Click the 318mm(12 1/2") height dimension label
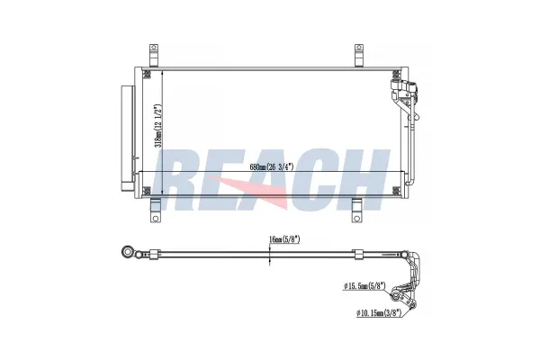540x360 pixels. click(158, 126)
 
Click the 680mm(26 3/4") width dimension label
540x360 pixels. click(272, 167)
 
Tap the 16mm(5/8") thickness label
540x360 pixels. click(284, 239)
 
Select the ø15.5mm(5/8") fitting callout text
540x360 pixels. click(364, 285)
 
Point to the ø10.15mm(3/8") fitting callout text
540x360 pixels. click(379, 313)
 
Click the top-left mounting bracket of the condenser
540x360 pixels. click(154, 55)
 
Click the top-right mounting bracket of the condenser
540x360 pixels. click(359, 55)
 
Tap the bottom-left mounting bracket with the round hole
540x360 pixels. click(156, 210)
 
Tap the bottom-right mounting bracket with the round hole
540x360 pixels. click(357, 210)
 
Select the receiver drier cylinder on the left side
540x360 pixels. click(127, 138)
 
